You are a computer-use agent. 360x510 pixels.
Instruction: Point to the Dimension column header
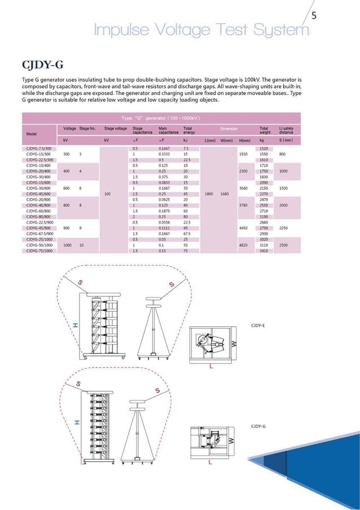[229, 129]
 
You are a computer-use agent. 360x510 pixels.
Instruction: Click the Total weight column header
[264, 130]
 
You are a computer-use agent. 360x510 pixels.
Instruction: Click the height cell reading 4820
[244, 246]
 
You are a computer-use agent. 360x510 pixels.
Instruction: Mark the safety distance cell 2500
[283, 246]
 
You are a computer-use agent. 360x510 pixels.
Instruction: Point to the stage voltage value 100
[107, 194]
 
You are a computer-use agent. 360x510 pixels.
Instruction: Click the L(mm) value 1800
[209, 194]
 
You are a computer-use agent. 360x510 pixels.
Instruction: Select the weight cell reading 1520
[264, 148]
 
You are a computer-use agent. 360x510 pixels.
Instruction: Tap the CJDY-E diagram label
[257, 326]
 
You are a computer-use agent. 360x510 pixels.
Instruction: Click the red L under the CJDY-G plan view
[210, 463]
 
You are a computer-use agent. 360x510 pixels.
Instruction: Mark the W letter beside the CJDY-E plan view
[235, 344]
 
